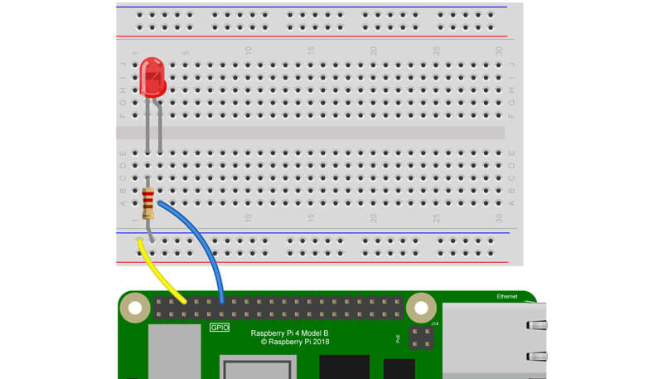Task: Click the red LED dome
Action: (x=152, y=75)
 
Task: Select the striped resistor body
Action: (x=148, y=203)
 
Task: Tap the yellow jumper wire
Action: (x=162, y=272)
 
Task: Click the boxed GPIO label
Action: (x=219, y=328)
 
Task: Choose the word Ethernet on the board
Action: (x=508, y=296)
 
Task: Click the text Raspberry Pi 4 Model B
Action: (x=295, y=332)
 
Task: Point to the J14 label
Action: (x=434, y=323)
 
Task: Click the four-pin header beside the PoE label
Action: (x=421, y=337)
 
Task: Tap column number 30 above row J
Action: (x=498, y=51)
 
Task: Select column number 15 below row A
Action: (x=311, y=218)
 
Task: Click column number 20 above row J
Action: (x=374, y=51)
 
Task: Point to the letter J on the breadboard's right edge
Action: (x=512, y=64)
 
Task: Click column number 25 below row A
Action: (x=436, y=218)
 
